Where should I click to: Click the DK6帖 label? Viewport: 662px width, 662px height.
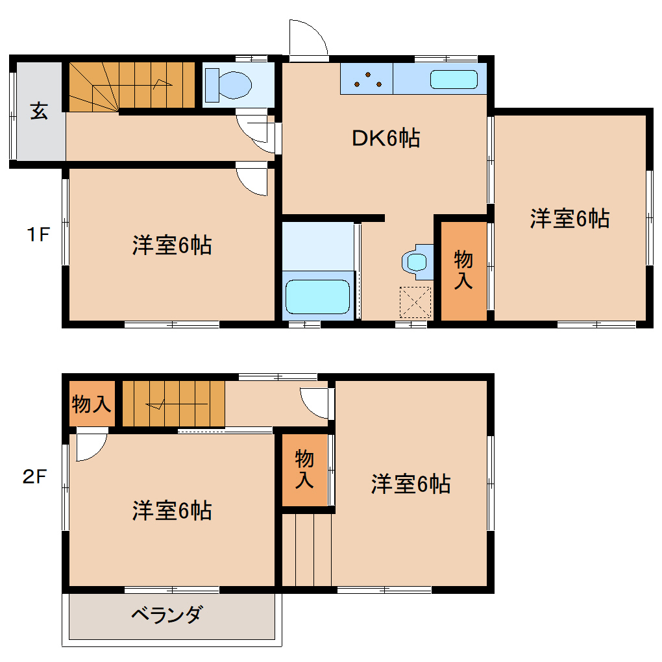tap(386, 138)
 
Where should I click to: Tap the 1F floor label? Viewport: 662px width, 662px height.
tap(38, 234)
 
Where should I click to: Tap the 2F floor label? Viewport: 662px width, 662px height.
tap(35, 478)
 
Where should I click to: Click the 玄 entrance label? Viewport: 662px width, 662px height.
tap(39, 112)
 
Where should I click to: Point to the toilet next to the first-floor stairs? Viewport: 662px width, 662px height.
tap(227, 84)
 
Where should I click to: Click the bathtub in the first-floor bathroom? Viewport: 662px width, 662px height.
tap(318, 297)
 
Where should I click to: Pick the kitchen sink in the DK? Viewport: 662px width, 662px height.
tap(454, 80)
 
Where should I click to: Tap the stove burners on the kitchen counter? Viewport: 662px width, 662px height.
tap(367, 79)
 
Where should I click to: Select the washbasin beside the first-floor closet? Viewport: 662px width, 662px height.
tap(415, 262)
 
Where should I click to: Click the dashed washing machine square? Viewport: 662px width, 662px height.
tap(415, 302)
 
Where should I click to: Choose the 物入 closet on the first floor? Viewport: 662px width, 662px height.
tap(463, 271)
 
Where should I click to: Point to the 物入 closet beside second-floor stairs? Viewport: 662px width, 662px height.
tap(92, 404)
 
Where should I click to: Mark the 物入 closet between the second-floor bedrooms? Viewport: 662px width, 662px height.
tap(304, 469)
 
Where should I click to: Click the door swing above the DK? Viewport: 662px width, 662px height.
tap(308, 41)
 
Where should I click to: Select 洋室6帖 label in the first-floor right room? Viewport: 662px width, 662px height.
tap(569, 219)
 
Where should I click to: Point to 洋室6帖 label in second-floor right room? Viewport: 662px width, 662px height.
tap(411, 484)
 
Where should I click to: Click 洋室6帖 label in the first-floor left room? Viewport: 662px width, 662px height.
tap(172, 246)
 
